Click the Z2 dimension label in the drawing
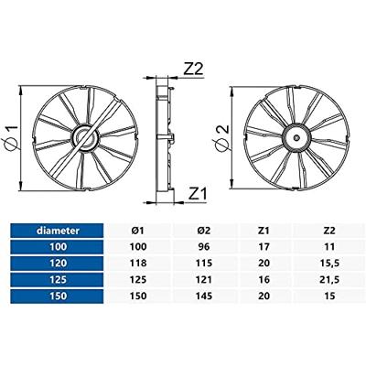(193, 69)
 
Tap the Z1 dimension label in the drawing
(198, 194)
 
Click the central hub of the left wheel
(85, 138)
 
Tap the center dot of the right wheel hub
(296, 138)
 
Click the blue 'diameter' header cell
(57, 231)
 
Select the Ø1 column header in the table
(138, 231)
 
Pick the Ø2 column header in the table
(204, 231)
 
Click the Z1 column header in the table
(264, 231)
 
